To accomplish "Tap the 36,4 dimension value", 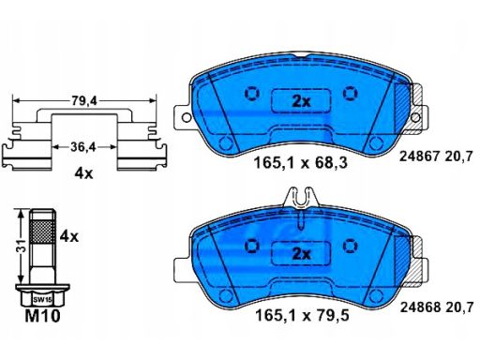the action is pyautogui.click(x=82, y=147).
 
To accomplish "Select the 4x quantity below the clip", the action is pyautogui.click(x=83, y=173).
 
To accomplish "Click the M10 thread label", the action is pyautogui.click(x=42, y=316).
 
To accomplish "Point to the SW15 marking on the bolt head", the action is pyautogui.click(x=43, y=299).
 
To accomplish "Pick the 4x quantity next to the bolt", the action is pyautogui.click(x=69, y=237).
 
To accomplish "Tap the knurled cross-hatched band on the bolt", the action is pyautogui.click(x=42, y=232).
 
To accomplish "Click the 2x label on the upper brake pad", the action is pyautogui.click(x=301, y=101).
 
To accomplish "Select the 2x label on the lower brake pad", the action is pyautogui.click(x=301, y=254).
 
